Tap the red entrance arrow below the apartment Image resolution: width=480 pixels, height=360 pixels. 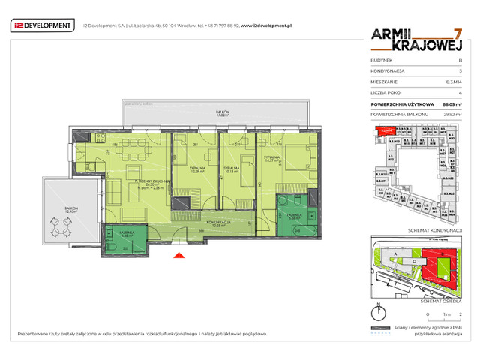point(178,257)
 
